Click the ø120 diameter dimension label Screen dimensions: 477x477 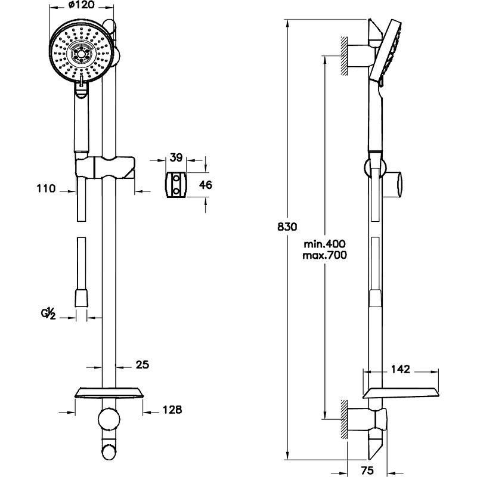pyautogui.click(x=81, y=5)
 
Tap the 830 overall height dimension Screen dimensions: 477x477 pyautogui.click(x=287, y=227)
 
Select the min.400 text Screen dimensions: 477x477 pyautogui.click(x=324, y=244)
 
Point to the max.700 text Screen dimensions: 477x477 pyautogui.click(x=324, y=255)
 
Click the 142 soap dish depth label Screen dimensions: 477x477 pyautogui.click(x=400, y=369)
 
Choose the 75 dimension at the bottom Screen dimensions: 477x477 pyautogui.click(x=368, y=470)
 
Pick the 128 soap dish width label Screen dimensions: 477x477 pyautogui.click(x=172, y=410)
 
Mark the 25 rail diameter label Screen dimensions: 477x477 pyautogui.click(x=143, y=364)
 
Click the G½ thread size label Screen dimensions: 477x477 pyautogui.click(x=48, y=314)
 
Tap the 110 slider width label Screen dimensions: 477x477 pyautogui.click(x=47, y=188)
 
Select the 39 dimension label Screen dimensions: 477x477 pyautogui.click(x=176, y=157)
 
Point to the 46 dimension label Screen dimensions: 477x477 pyautogui.click(x=206, y=185)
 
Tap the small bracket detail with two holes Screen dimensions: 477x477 pyautogui.click(x=176, y=185)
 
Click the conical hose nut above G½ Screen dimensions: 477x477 pyautogui.click(x=81, y=298)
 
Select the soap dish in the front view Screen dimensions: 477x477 pyautogui.click(x=109, y=393)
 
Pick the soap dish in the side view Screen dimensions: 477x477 pyautogui.click(x=401, y=394)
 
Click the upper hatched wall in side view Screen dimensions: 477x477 pyautogui.click(x=344, y=56)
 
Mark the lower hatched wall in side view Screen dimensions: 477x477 pyautogui.click(x=344, y=419)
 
